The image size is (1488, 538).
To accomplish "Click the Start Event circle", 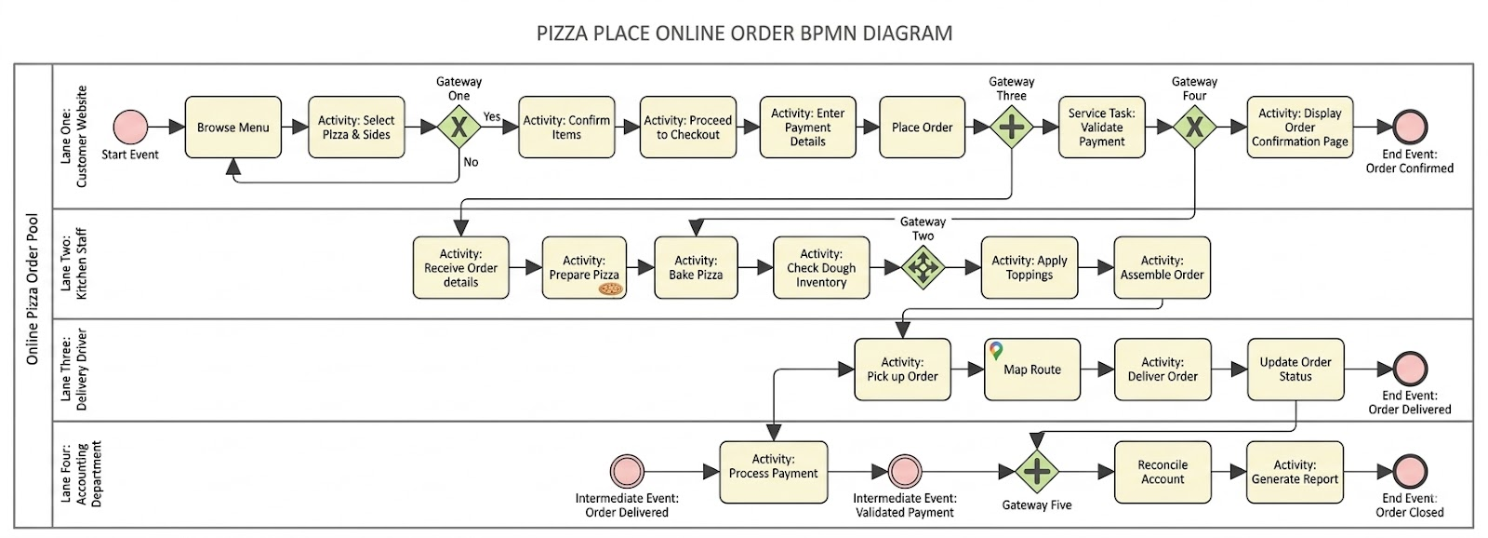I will [130, 128].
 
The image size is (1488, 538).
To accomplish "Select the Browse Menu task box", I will [232, 128].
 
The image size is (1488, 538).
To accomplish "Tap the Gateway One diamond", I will [458, 128].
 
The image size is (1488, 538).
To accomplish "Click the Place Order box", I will [922, 128].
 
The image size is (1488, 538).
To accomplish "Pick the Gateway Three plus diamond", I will [1011, 128].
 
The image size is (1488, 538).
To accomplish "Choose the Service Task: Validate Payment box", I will [1101, 128].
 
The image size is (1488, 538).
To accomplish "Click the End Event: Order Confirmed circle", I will [1410, 128].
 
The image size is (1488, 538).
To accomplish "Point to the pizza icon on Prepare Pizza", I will [610, 289].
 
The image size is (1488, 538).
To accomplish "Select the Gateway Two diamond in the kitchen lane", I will [923, 268].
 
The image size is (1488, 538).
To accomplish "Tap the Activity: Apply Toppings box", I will [1029, 268].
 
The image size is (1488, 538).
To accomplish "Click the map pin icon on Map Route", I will [996, 351].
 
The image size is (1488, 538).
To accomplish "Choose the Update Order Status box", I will [1295, 370].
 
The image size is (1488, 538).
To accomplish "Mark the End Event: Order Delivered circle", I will [1410, 370].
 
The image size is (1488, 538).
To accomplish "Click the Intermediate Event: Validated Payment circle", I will [904, 472].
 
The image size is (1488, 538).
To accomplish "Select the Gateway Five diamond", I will [1036, 472].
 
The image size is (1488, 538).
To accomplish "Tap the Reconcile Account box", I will [1162, 472].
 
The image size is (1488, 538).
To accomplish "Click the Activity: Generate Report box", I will [1295, 472].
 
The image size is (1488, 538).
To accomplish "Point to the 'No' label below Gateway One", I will [472, 162].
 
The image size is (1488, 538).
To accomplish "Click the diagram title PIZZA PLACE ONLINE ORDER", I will [744, 34].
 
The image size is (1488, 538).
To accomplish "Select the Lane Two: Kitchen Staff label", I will [73, 264].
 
